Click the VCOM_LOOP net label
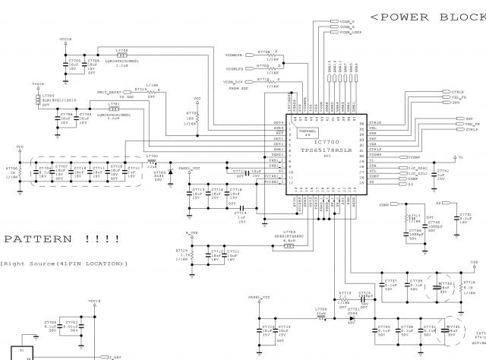[x=350, y=33]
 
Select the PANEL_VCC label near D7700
[x=190, y=167]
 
